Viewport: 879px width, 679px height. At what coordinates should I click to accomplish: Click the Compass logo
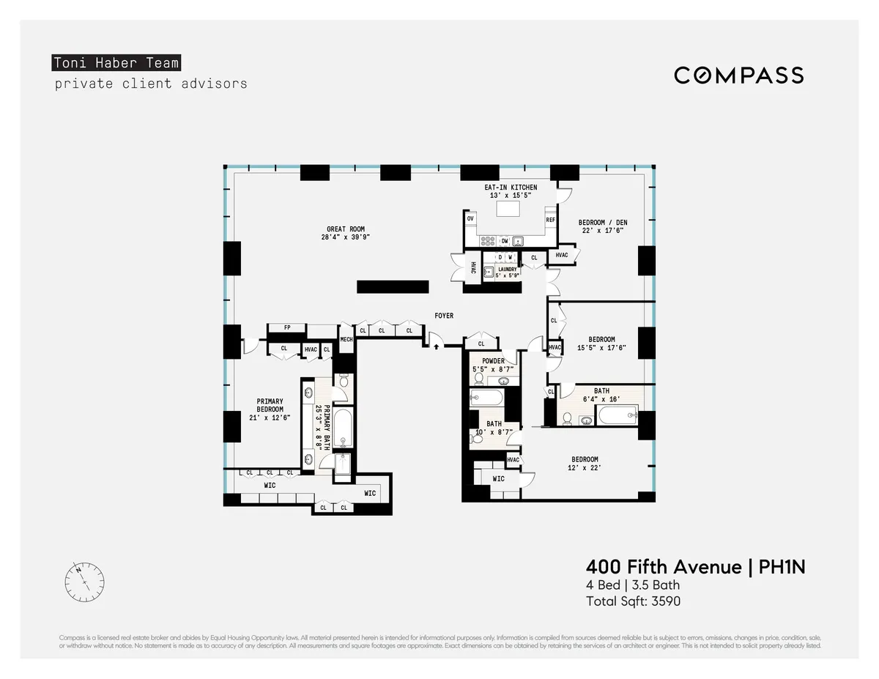click(738, 75)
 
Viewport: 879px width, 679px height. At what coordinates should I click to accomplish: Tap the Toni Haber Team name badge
click(116, 63)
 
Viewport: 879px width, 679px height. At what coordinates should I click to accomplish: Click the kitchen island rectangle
click(511, 209)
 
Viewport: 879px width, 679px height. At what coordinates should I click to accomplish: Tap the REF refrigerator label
click(550, 220)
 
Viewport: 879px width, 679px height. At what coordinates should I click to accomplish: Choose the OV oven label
click(470, 219)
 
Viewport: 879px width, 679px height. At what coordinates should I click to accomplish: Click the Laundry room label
click(507, 270)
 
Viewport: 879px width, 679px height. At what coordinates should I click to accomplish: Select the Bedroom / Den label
click(602, 223)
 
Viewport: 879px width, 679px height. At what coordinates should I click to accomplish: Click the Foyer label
click(444, 316)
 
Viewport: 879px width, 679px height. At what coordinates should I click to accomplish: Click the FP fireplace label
click(287, 328)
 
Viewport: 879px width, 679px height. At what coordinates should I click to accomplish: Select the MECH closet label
click(346, 339)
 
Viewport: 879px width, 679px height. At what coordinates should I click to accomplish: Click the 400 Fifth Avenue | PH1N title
click(695, 567)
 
